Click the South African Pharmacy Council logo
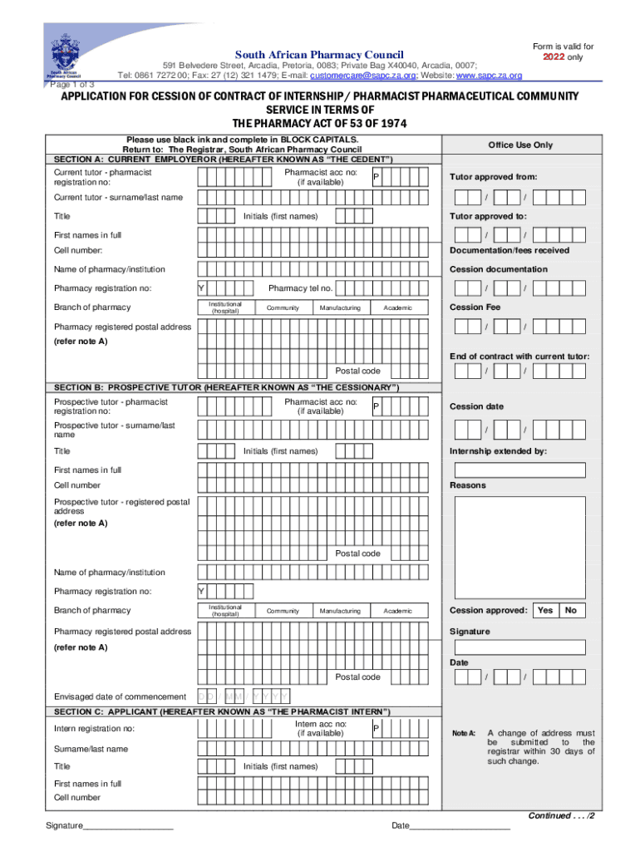66,57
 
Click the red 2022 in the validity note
554,57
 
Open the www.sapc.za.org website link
490,76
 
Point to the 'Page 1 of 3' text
72,85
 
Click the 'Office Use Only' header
520,145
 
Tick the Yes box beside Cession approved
545,610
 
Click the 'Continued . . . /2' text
561,815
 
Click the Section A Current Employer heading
224,159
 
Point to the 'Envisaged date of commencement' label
120,696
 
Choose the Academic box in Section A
397,307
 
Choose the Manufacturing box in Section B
340,611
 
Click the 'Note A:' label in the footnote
463,733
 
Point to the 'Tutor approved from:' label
493,176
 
